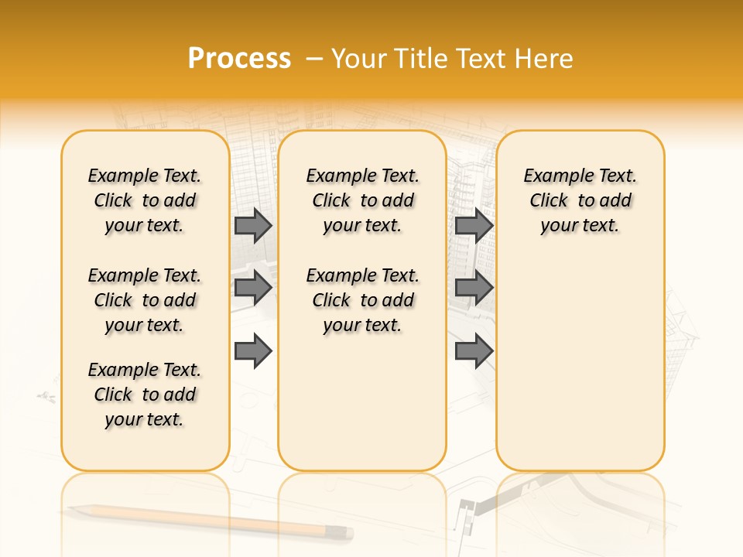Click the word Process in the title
pyautogui.click(x=239, y=59)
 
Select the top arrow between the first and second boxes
pyautogui.click(x=253, y=226)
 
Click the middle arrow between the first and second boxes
pyautogui.click(x=253, y=289)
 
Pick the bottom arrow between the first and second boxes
pyautogui.click(x=253, y=351)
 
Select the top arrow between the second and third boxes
pyautogui.click(x=474, y=226)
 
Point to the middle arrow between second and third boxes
pyautogui.click(x=474, y=289)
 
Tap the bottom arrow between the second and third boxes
pyautogui.click(x=474, y=351)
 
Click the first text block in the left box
pyautogui.click(x=145, y=200)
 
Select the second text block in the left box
pyautogui.click(x=145, y=300)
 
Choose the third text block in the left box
pyautogui.click(x=145, y=395)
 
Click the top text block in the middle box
pyautogui.click(x=362, y=200)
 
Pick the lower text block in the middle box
pyautogui.click(x=362, y=300)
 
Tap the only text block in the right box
pyautogui.click(x=580, y=200)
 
